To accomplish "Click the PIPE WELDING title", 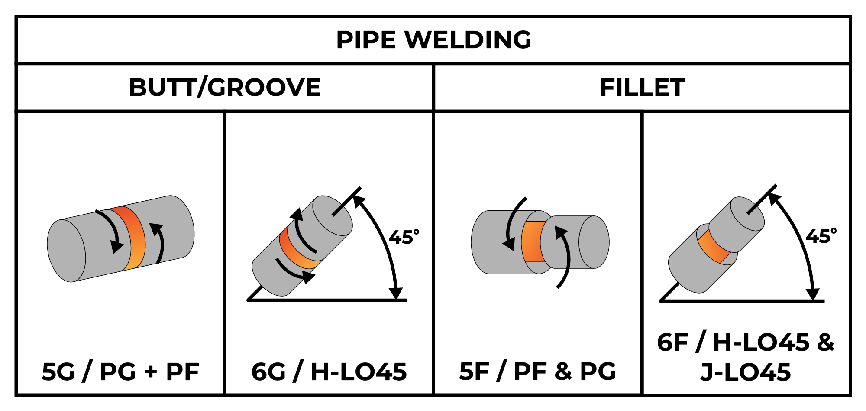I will point(433,40).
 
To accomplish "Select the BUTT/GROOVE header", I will point(225,88).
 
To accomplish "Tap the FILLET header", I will point(642,88).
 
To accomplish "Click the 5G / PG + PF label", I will point(120,372).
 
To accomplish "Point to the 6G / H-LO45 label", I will point(329,372).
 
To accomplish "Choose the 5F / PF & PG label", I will point(537,372).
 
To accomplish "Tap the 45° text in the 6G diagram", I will point(404,238).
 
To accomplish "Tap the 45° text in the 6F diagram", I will point(821,237).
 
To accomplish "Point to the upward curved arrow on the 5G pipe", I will point(160,243).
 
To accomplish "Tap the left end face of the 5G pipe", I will point(66,251).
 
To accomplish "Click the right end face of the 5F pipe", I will point(594,242).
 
